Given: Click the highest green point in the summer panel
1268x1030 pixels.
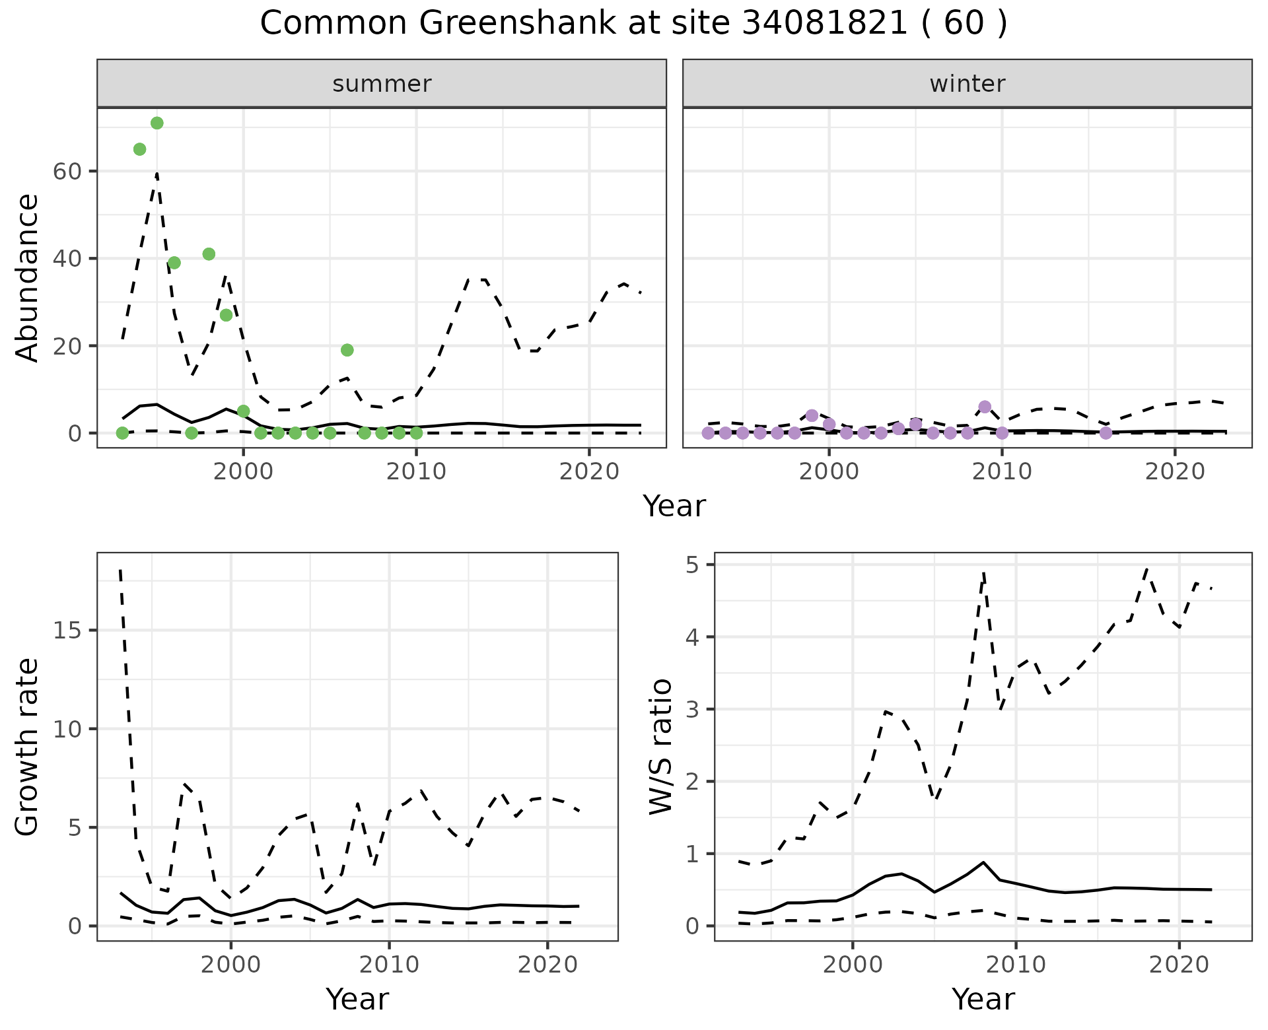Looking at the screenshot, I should pos(157,123).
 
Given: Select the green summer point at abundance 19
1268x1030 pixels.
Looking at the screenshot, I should pos(347,350).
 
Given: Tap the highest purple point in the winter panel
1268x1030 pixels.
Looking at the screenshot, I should pos(985,407).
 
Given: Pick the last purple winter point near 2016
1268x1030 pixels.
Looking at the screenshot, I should pos(1106,433).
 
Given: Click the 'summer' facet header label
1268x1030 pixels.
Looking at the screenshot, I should pos(382,84).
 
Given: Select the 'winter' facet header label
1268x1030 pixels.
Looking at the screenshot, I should pos(967,84).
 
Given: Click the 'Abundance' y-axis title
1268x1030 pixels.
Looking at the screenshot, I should pos(28,277).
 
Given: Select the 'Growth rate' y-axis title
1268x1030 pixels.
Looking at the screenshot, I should pos(28,746).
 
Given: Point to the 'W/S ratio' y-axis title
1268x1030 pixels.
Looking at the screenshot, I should pos(660,746).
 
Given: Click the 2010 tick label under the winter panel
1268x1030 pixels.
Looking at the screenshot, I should pos(1002,472).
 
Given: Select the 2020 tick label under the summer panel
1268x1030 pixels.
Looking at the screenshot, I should pos(589,472).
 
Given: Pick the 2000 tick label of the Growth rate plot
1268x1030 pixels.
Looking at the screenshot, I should pos(230,965).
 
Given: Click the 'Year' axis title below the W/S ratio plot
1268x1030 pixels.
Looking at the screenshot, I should pos(983,1000).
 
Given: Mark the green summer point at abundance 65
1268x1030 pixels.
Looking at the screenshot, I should pos(140,149).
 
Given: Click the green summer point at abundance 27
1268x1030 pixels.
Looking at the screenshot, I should pos(227,315).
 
